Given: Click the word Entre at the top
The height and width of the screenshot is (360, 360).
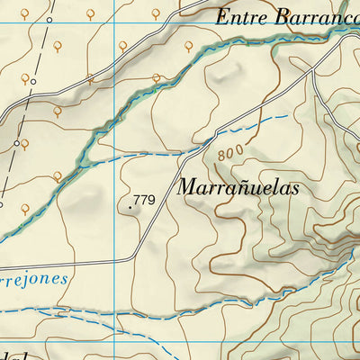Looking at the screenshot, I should tap(243, 17).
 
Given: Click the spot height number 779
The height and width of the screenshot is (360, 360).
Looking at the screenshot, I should tap(144, 199).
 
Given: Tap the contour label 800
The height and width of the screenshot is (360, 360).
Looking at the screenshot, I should tap(229, 154).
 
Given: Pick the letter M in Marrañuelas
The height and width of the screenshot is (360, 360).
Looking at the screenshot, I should tap(187, 189).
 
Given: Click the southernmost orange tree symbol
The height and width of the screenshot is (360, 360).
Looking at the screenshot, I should tap(25, 207).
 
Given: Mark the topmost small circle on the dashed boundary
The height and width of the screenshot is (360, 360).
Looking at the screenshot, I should tap(33, 82).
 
